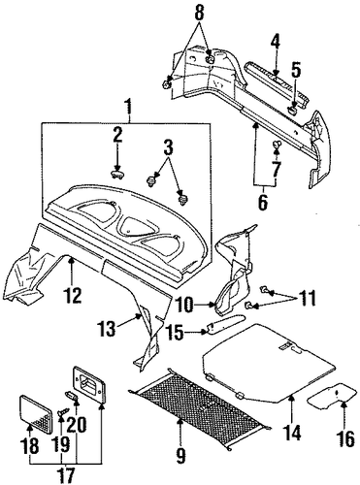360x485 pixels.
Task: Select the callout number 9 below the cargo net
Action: point(180,456)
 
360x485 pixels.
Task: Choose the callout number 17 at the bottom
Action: point(66,476)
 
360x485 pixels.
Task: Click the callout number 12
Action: point(73,295)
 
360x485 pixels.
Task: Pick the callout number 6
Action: point(263,202)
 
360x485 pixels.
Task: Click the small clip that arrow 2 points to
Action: point(116,175)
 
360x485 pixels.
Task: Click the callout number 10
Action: point(186,305)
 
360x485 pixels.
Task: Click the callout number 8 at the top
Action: point(200,13)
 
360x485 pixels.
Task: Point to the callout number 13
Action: point(108,329)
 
